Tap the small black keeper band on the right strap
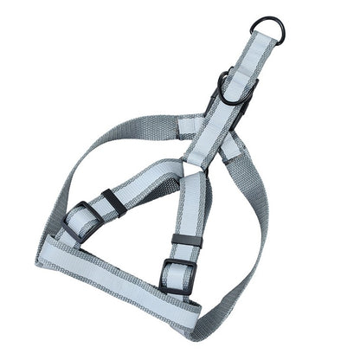point(186,241)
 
